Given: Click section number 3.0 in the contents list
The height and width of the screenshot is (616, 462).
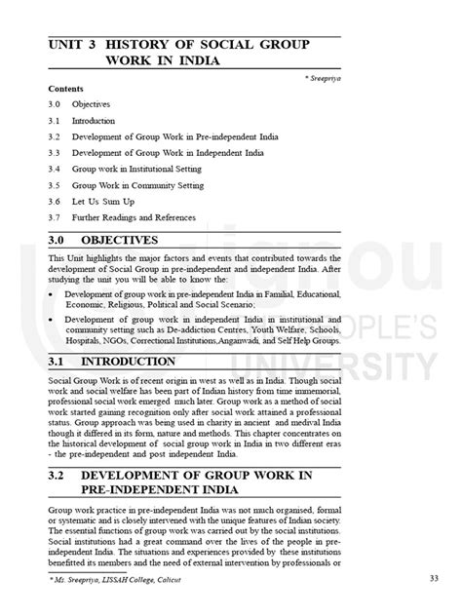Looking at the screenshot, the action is pos(55,103).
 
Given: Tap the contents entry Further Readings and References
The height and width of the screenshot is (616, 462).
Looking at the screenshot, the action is pos(140,216).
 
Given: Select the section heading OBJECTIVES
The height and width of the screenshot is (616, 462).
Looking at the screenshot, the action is pos(133,239).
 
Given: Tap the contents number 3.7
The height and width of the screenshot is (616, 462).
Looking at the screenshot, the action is pos(55,216).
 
